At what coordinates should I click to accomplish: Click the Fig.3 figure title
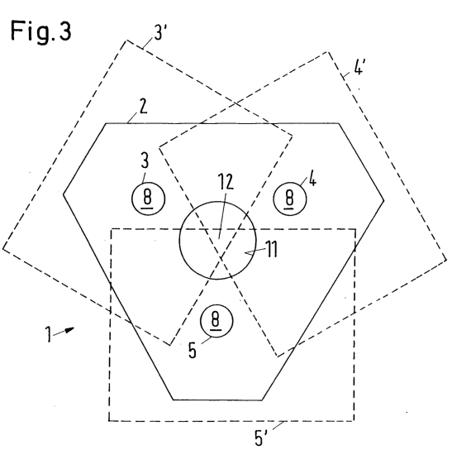coord(40,31)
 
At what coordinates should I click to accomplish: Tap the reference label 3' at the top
coord(160,32)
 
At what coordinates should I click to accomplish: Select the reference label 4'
coord(358,68)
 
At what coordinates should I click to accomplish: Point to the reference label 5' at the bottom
coord(260,438)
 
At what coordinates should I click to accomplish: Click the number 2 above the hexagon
coord(143,106)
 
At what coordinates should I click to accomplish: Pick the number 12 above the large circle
coord(225,181)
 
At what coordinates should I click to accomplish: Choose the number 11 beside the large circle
coord(271,249)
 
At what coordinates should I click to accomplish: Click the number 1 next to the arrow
coord(49,334)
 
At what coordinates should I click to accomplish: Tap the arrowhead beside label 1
coord(69,329)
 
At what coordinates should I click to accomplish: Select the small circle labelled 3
coord(148,199)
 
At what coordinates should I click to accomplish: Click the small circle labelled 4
coord(290,199)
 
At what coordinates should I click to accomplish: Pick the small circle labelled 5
coord(216,321)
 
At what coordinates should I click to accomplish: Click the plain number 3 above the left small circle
coord(145,160)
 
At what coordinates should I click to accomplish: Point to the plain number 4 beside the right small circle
coord(312,180)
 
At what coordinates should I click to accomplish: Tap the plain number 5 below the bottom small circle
coord(192,350)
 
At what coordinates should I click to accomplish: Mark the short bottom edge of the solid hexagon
coord(217,400)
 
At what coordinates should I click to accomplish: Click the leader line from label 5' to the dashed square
coord(278,425)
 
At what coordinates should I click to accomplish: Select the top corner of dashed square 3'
coord(126,41)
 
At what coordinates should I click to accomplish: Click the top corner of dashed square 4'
coord(327,52)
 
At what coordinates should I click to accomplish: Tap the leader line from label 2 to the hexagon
coord(133,118)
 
